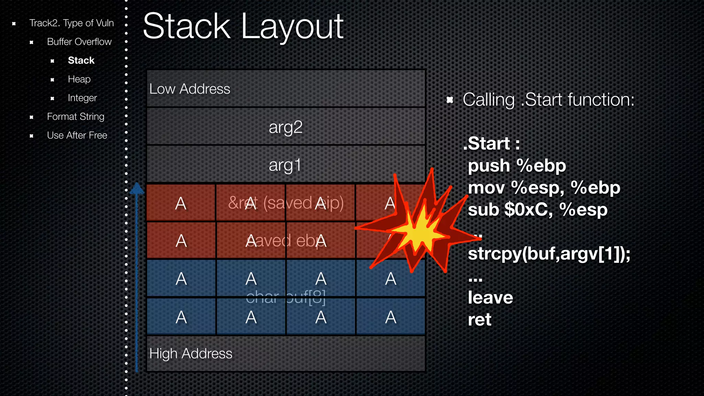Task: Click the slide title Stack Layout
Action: click(x=243, y=27)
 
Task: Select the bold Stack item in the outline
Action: click(x=81, y=60)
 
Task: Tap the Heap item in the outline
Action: click(x=79, y=79)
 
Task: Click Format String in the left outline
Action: click(x=75, y=117)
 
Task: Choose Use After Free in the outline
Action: click(x=77, y=135)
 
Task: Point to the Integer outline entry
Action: click(x=82, y=98)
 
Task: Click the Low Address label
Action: click(x=189, y=89)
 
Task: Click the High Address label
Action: click(x=190, y=354)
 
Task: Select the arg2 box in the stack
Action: click(x=285, y=127)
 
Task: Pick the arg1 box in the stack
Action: click(x=285, y=165)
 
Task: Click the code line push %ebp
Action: click(x=516, y=166)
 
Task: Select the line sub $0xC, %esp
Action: click(x=537, y=210)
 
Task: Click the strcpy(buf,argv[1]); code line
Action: click(x=549, y=254)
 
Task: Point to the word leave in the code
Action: click(x=490, y=298)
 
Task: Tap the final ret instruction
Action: click(x=479, y=320)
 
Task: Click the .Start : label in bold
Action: click(x=491, y=143)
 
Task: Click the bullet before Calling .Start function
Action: click(x=450, y=100)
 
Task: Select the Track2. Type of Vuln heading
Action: click(x=71, y=23)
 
